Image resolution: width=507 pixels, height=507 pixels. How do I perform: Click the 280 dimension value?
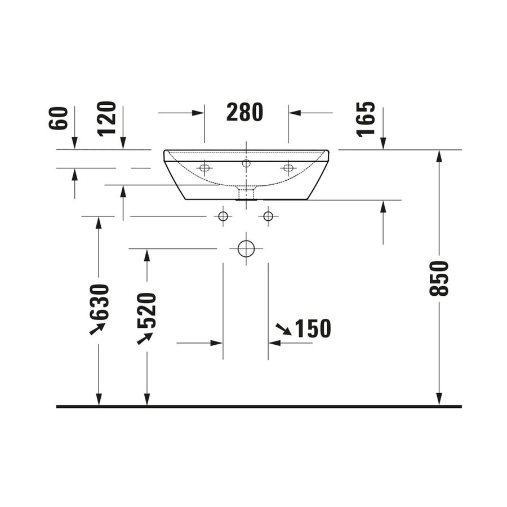tap(245, 113)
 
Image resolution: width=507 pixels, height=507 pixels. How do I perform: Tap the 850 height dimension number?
tap(439, 278)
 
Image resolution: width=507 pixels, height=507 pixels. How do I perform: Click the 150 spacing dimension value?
tap(313, 329)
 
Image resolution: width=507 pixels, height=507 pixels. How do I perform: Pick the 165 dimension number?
tap(366, 119)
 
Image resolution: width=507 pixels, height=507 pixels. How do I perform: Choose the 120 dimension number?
tap(106, 118)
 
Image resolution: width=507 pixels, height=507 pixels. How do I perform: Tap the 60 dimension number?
tap(59, 118)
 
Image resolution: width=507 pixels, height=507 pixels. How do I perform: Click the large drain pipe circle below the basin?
tap(246, 248)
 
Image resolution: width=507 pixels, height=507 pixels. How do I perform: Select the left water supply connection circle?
tap(223, 216)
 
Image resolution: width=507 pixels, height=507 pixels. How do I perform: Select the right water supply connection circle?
tap(268, 216)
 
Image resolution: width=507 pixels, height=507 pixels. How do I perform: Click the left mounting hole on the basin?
tap(204, 168)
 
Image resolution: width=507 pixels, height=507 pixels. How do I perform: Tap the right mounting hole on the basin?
tap(288, 168)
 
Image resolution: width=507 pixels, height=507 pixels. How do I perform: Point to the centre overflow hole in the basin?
tap(246, 163)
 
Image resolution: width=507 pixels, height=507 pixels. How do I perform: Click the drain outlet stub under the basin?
tap(246, 194)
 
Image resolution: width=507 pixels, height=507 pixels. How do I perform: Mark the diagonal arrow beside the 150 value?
tap(283, 330)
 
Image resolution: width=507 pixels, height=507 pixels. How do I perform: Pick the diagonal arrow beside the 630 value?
tap(97, 328)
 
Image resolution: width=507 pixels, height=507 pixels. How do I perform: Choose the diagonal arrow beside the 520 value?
tap(145, 338)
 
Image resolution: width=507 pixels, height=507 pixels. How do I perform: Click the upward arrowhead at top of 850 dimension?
tap(439, 156)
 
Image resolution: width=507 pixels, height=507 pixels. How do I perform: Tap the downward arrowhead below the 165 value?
tap(383, 144)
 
